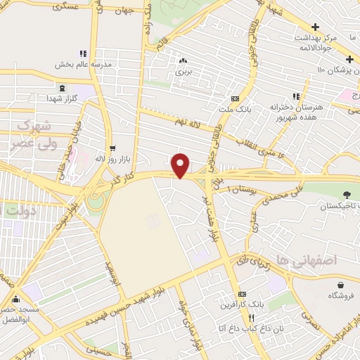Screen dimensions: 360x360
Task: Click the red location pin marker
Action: click(x=181, y=165)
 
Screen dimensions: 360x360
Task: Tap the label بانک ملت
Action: click(x=233, y=109)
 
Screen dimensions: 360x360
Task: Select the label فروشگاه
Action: click(x=341, y=295)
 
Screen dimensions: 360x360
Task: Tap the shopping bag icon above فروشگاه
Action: click(x=341, y=285)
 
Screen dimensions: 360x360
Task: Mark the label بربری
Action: click(x=183, y=72)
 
